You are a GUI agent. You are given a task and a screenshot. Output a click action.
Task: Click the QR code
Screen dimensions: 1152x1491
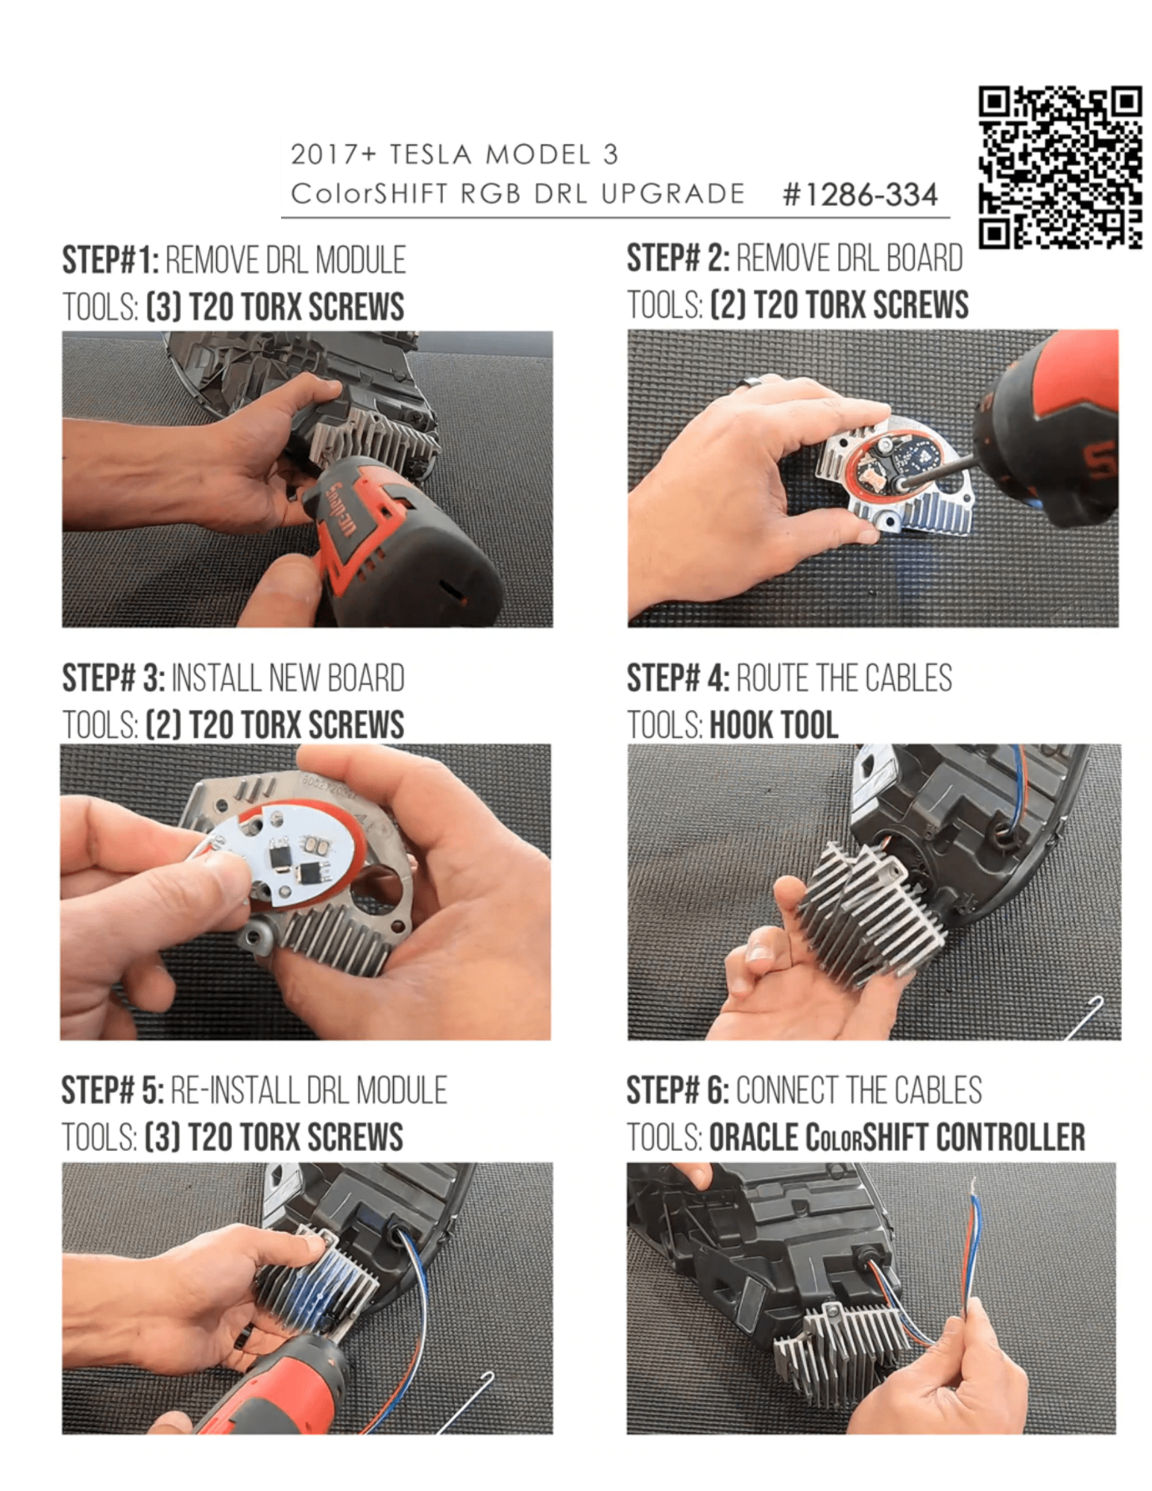click(1060, 167)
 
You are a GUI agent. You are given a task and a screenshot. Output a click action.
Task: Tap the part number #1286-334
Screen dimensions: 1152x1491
click(860, 195)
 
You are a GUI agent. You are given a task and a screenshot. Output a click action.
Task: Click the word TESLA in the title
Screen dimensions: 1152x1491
click(430, 154)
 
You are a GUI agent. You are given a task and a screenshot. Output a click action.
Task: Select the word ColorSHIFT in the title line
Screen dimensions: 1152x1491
click(368, 194)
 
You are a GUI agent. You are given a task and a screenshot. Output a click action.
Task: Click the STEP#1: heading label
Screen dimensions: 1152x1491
click(110, 260)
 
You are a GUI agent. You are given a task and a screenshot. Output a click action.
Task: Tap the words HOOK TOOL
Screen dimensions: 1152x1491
click(774, 725)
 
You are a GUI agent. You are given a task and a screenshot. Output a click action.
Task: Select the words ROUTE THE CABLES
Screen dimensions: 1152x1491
click(844, 678)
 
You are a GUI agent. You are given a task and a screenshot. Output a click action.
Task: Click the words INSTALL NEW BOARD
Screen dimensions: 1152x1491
click(288, 678)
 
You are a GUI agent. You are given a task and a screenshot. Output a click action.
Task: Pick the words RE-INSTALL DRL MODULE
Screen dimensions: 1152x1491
click(309, 1091)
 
